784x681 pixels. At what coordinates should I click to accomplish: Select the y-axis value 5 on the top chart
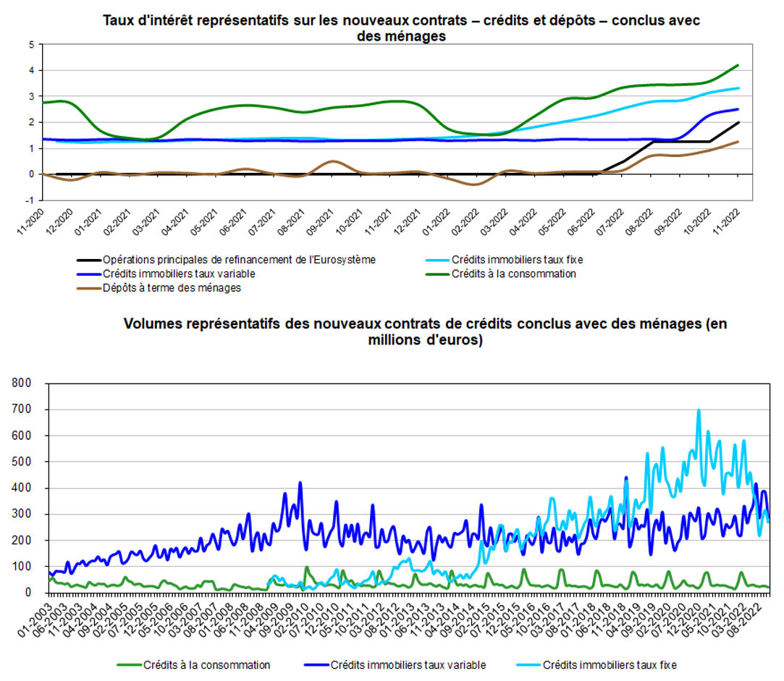[31, 45]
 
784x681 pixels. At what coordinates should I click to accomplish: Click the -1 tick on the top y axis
[30, 200]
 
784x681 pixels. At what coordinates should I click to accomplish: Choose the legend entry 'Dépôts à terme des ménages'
[172, 287]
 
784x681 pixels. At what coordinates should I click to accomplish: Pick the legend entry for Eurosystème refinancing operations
[239, 259]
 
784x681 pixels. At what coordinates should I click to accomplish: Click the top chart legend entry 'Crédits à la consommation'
[513, 274]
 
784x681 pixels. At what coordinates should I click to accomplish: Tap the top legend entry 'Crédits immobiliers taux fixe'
[517, 259]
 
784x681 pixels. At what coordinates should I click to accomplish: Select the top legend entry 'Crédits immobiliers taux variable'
[179, 274]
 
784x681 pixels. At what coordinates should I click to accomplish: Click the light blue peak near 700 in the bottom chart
[699, 410]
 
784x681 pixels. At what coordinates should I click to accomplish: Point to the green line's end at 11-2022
[738, 65]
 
